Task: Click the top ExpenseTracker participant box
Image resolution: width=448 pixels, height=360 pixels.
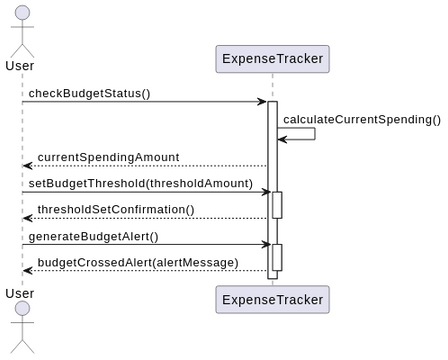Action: point(272,59)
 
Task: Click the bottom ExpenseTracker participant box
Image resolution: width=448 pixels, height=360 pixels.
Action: point(272,299)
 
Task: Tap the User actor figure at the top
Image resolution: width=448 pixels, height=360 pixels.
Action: point(21,30)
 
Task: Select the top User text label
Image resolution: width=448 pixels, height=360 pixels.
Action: point(20,66)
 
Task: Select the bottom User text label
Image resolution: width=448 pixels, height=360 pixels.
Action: point(20,293)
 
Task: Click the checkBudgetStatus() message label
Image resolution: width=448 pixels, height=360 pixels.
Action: point(89,93)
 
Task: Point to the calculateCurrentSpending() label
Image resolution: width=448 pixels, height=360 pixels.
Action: point(361,119)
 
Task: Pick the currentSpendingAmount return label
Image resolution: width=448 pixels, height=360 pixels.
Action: point(108,157)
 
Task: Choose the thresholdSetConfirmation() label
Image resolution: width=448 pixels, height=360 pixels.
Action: point(115,209)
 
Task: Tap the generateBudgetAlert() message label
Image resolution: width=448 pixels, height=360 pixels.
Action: point(93,236)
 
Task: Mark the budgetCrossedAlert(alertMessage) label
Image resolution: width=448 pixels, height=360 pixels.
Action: point(138,262)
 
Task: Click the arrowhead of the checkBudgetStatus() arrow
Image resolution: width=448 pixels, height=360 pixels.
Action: point(262,101)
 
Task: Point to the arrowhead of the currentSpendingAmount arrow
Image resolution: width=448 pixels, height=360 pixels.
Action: point(27,166)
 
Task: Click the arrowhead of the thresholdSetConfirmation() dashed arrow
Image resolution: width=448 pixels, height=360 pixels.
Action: point(27,218)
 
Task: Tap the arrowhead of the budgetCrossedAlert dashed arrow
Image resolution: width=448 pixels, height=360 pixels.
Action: point(27,270)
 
